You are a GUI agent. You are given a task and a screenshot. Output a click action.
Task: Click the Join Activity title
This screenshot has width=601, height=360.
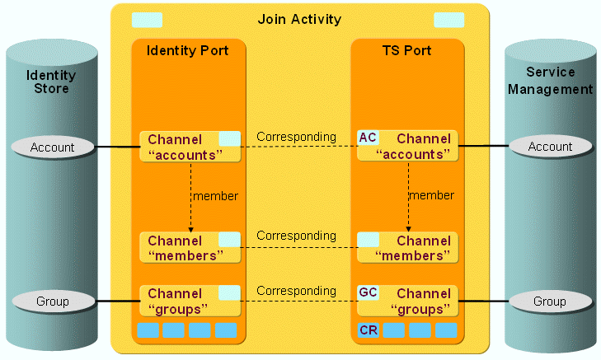pyautogui.click(x=299, y=19)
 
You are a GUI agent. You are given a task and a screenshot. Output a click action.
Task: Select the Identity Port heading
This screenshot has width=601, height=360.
pyautogui.click(x=187, y=51)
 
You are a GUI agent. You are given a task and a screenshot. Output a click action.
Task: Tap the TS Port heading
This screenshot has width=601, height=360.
pyautogui.click(x=406, y=51)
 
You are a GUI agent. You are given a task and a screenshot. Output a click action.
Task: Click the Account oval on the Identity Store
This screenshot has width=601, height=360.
pyautogui.click(x=52, y=147)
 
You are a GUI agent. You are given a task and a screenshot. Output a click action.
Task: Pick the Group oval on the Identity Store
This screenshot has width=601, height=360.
pyautogui.click(x=52, y=302)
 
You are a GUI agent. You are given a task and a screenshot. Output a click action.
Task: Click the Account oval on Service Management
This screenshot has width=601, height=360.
pyautogui.click(x=550, y=147)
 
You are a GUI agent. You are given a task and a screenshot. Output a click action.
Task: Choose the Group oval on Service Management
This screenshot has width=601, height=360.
pyautogui.click(x=550, y=302)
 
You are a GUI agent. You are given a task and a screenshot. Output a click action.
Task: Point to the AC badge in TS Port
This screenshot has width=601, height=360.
pyautogui.click(x=368, y=138)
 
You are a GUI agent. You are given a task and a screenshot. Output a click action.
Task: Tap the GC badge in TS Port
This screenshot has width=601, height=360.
pyautogui.click(x=368, y=292)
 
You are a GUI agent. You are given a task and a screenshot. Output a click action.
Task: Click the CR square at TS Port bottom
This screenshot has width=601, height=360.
pyautogui.click(x=368, y=330)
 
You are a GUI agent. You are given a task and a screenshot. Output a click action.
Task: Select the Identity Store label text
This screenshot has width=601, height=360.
pyautogui.click(x=51, y=82)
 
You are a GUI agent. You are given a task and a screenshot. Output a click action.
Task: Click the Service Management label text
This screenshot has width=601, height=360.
pyautogui.click(x=550, y=81)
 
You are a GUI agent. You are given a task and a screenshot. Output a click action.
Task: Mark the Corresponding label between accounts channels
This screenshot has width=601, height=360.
pyautogui.click(x=296, y=136)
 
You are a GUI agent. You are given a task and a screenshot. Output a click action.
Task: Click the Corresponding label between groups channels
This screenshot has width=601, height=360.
pyautogui.click(x=296, y=291)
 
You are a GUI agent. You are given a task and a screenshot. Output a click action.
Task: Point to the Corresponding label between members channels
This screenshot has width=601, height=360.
pyautogui.click(x=296, y=236)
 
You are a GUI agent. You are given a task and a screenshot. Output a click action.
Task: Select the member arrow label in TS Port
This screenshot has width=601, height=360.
pyautogui.click(x=431, y=195)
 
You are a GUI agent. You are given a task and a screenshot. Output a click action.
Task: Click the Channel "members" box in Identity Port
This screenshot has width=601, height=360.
pyautogui.click(x=190, y=248)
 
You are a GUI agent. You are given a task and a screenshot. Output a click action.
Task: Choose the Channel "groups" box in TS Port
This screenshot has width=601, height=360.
pyautogui.click(x=406, y=302)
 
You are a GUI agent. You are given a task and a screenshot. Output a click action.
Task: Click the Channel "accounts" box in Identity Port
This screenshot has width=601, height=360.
pyautogui.click(x=190, y=147)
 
